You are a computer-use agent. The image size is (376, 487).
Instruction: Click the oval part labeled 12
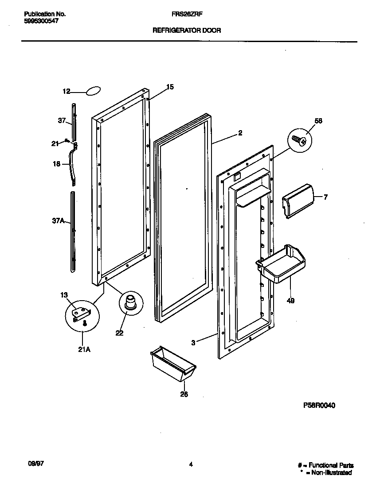(93, 91)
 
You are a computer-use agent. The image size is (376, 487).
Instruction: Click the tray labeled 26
(173, 364)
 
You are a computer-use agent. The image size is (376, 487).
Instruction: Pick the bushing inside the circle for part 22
(130, 301)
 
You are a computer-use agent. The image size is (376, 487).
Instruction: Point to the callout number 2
(240, 132)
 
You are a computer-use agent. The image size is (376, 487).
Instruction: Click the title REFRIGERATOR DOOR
(187, 31)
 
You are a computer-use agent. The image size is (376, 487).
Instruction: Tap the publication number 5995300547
(40, 20)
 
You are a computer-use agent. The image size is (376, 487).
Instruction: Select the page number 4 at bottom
(191, 464)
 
